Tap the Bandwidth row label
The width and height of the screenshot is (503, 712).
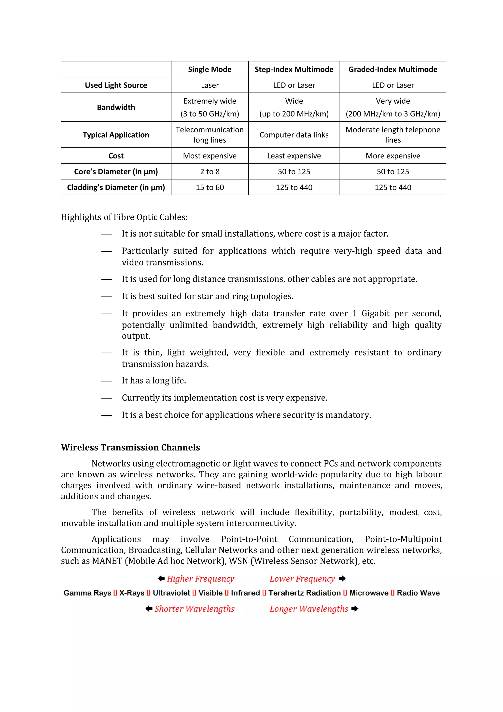pyautogui.click(x=116, y=107)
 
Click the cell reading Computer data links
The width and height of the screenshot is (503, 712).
pyautogui.click(x=294, y=135)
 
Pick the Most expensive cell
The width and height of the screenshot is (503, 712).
pyautogui.click(x=210, y=156)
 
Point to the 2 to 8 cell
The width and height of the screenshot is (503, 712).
pyautogui.click(x=210, y=171)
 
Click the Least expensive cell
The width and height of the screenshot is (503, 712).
pyautogui.click(x=294, y=156)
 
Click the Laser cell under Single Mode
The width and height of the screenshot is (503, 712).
pyautogui.click(x=210, y=85)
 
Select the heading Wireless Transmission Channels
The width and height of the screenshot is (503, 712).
pyautogui.click(x=130, y=447)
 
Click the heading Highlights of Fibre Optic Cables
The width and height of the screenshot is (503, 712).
pyautogui.click(x=124, y=217)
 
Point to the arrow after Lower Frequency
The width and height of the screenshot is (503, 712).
pyautogui.click(x=342, y=578)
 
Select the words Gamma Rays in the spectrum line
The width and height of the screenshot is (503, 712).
pyautogui.click(x=87, y=593)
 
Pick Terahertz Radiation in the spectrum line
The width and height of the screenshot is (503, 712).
pyautogui.click(x=304, y=593)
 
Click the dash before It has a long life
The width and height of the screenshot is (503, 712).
pyautogui.click(x=106, y=381)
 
